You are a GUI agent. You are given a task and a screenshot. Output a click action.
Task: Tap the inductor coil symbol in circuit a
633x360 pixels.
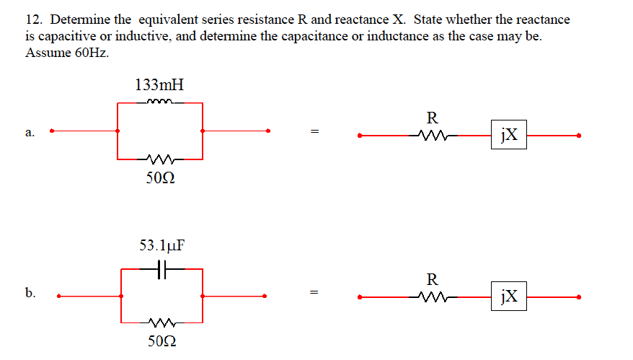point(159,102)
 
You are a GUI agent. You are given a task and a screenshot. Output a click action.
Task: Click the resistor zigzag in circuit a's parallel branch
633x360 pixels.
point(159,159)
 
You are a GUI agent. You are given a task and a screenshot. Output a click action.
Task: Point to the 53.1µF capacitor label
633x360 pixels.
point(161,245)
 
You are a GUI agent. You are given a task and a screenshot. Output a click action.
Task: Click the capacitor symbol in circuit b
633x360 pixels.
point(161,269)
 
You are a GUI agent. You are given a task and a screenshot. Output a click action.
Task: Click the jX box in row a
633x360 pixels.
point(509,134)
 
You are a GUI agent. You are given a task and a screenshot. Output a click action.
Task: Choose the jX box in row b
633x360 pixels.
point(509,296)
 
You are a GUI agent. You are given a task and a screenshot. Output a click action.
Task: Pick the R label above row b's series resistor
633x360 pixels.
point(432,278)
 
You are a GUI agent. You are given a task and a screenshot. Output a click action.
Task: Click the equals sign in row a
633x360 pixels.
point(314,132)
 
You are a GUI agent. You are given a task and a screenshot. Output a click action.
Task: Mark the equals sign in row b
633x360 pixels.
point(314,294)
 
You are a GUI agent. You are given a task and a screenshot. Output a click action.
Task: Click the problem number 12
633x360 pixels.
point(32,19)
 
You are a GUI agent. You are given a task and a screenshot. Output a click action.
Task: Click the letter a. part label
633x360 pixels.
point(30,132)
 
